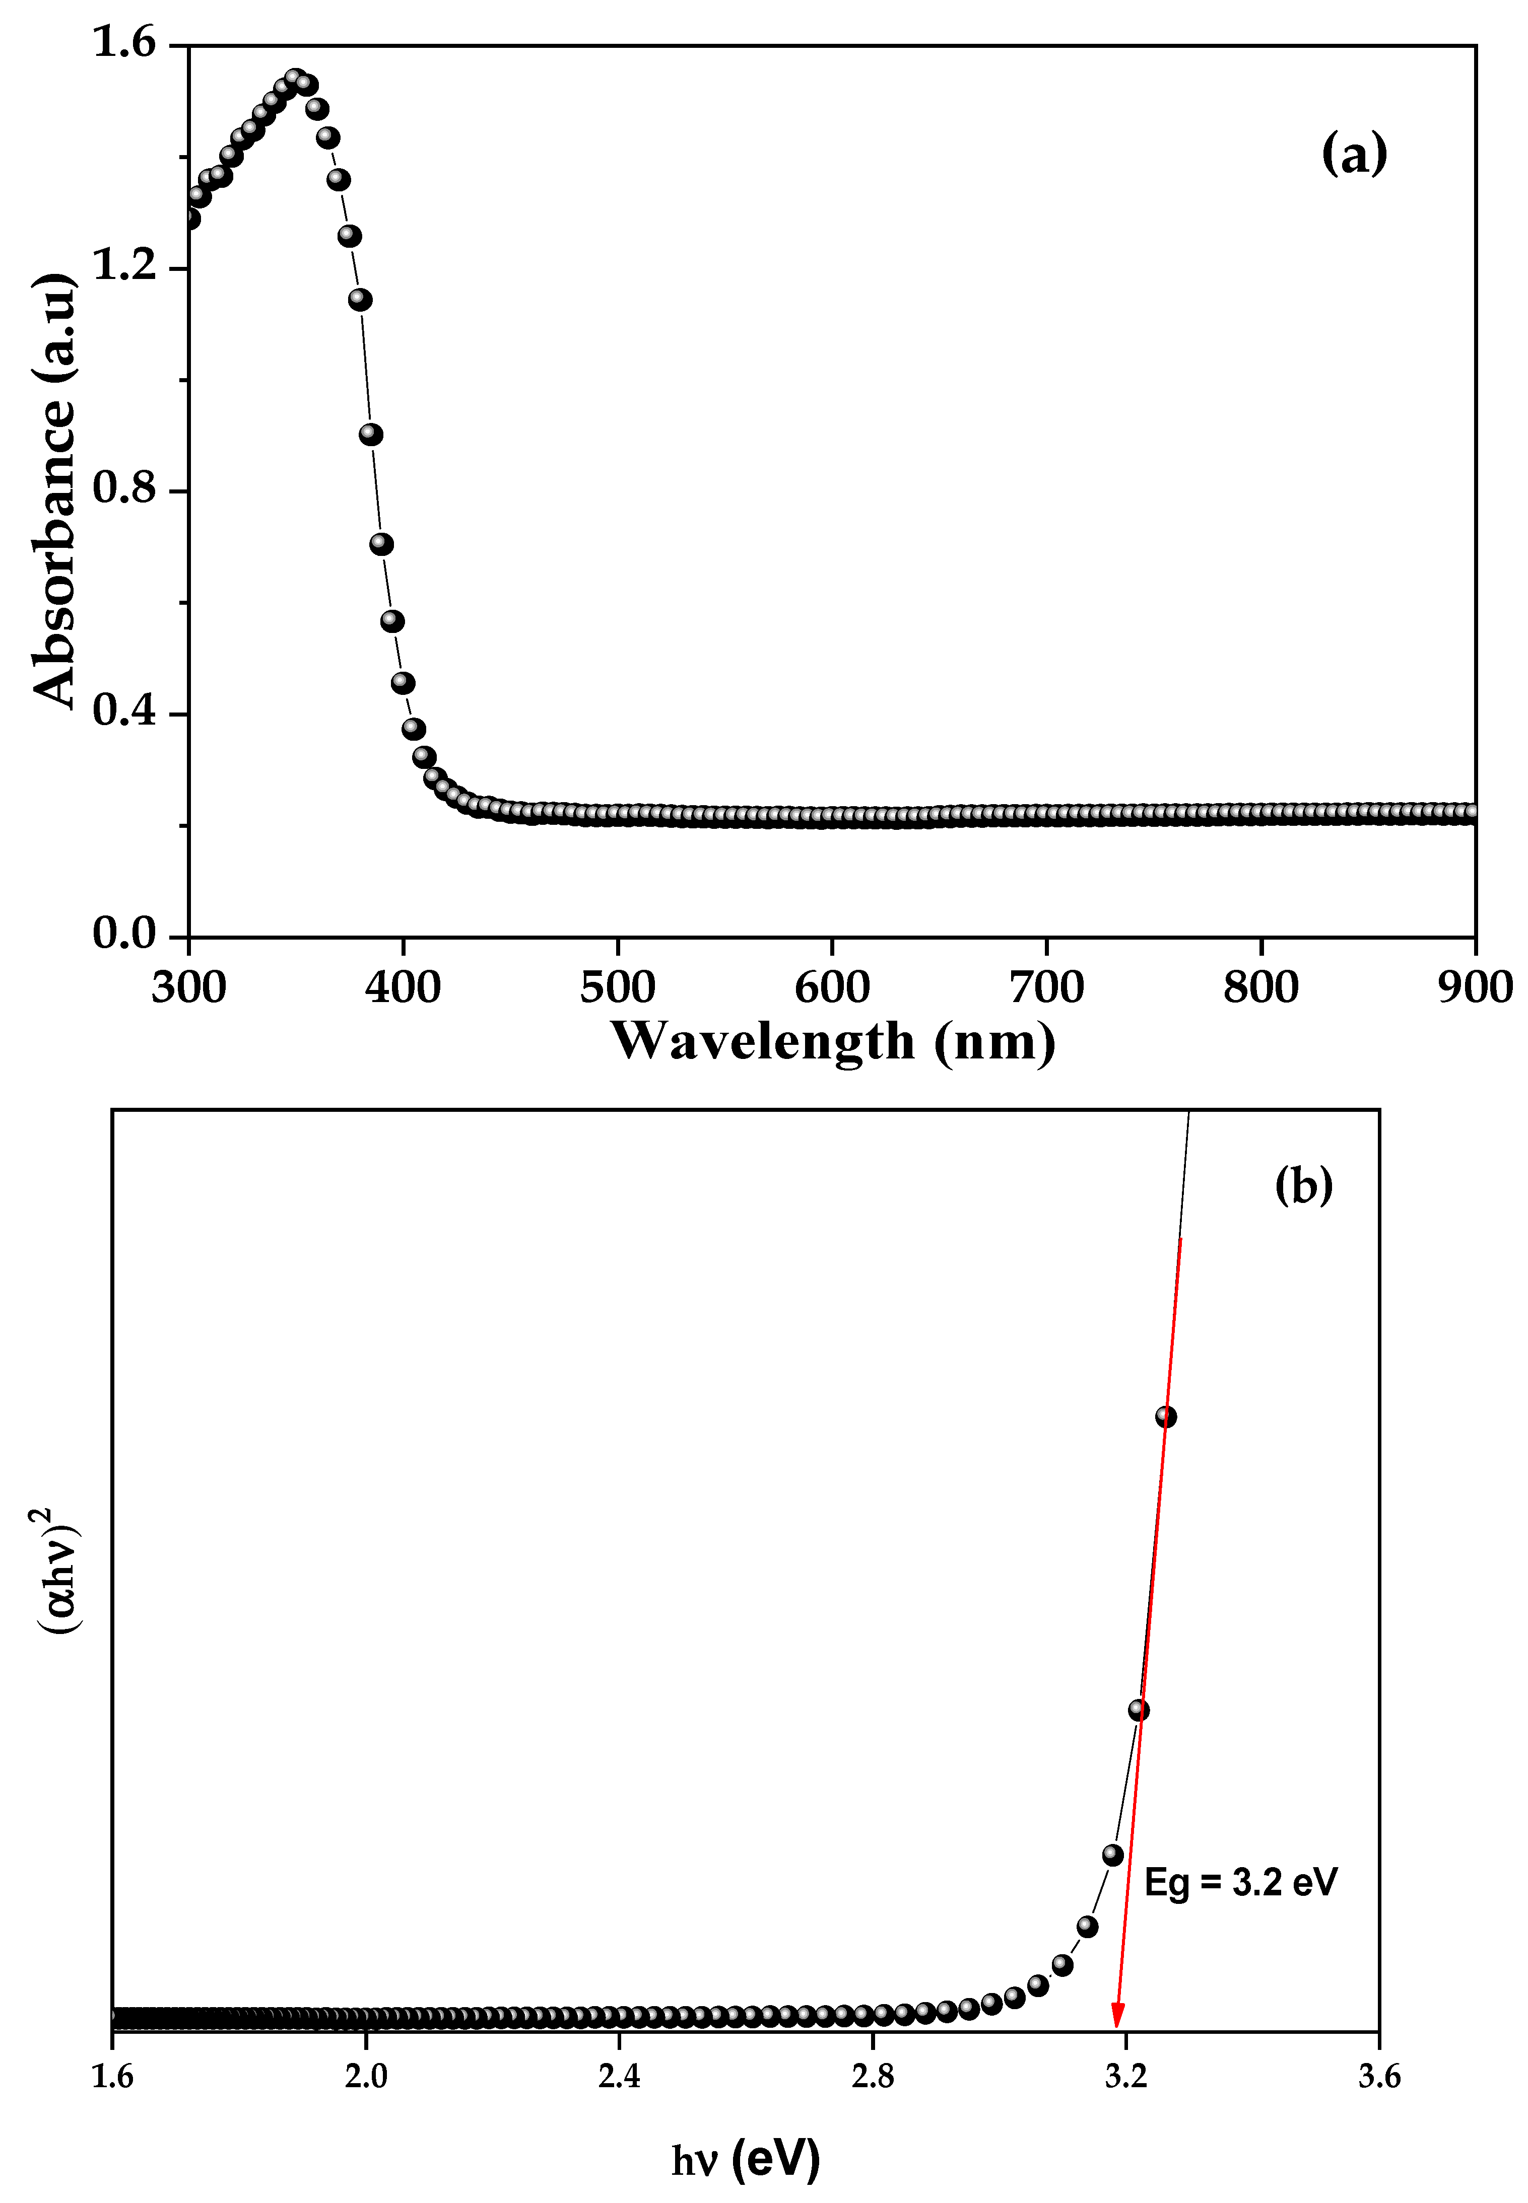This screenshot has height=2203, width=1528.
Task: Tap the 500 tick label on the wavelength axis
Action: point(618,986)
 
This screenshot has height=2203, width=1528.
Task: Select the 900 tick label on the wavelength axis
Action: point(1475,986)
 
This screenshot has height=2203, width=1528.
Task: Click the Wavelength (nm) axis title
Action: point(833,1041)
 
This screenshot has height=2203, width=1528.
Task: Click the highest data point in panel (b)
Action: point(1165,1416)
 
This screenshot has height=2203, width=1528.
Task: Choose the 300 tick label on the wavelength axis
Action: point(188,986)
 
